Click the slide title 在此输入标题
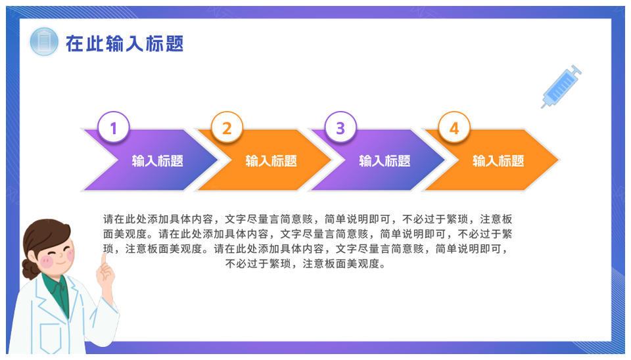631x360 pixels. [x=124, y=43]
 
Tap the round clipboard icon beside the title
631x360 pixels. [x=44, y=41]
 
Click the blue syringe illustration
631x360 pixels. [x=561, y=87]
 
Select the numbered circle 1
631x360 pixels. [x=114, y=128]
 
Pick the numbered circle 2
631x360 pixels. [x=227, y=128]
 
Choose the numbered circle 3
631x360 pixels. [x=340, y=128]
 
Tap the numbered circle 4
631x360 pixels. [x=454, y=128]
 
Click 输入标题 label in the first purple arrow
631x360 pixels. [x=157, y=161]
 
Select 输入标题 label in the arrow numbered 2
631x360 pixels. [x=271, y=161]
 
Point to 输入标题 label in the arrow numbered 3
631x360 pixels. [x=385, y=161]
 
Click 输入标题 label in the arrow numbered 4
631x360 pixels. [x=498, y=161]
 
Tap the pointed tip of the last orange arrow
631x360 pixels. [x=559, y=160]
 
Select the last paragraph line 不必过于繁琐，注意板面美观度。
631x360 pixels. [x=306, y=264]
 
